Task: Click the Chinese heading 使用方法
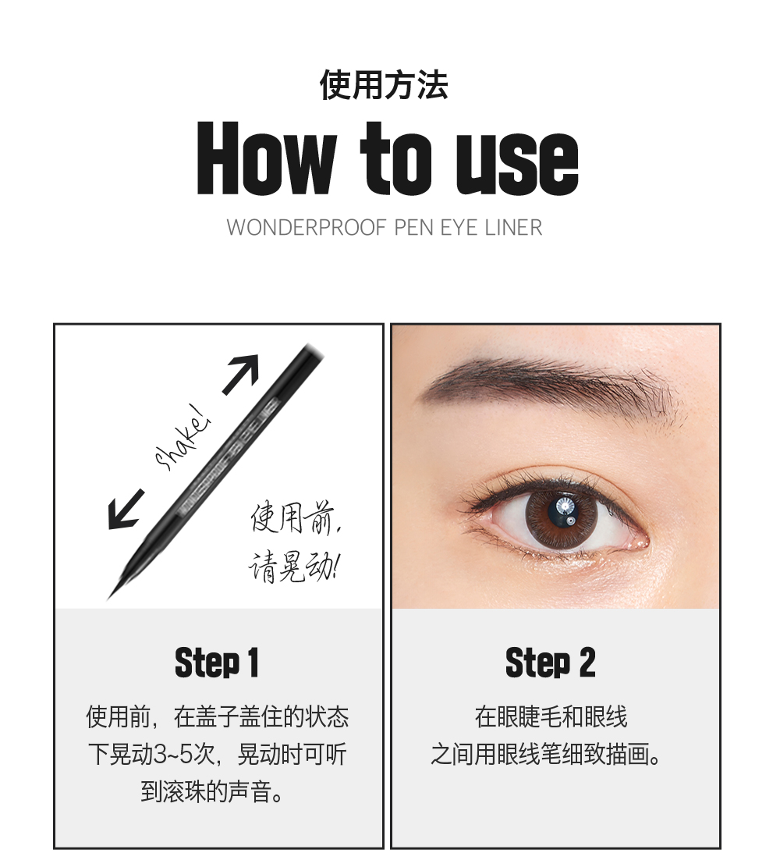[x=384, y=84]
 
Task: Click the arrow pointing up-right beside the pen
[x=241, y=373]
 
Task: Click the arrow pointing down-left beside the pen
[x=125, y=509]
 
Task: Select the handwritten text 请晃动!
[x=293, y=565]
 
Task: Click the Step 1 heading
[x=217, y=663]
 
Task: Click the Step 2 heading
[x=550, y=663]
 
